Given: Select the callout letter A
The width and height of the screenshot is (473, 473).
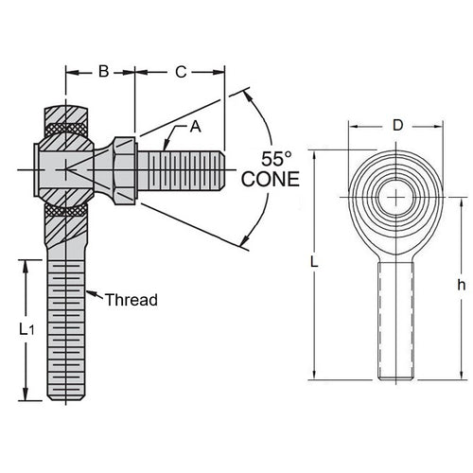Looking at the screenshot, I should tap(196, 126).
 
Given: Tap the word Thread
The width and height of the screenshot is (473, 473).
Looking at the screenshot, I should tap(131, 300).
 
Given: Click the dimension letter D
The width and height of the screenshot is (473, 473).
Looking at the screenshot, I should tap(396, 124).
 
